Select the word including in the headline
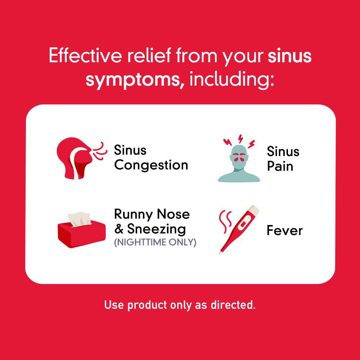click(232, 80)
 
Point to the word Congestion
click(151, 165)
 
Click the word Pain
click(280, 167)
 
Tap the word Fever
click(284, 230)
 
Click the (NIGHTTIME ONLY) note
click(155, 242)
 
